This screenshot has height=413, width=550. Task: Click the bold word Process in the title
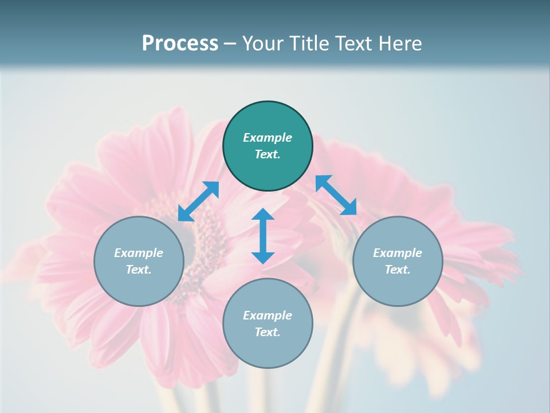(180, 44)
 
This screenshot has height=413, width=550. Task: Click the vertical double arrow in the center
(263, 236)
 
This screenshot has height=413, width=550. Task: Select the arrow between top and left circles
(198, 201)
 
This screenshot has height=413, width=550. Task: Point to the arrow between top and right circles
(336, 195)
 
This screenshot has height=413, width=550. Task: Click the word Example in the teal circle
(268, 138)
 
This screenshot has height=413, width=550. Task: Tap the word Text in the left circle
(139, 270)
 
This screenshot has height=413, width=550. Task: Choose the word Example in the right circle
(398, 253)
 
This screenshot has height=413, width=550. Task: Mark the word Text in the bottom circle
(268, 332)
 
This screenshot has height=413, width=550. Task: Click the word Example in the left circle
(139, 253)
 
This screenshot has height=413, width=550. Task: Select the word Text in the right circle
(398, 270)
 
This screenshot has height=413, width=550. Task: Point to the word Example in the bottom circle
(268, 315)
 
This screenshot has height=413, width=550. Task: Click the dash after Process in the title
(230, 44)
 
